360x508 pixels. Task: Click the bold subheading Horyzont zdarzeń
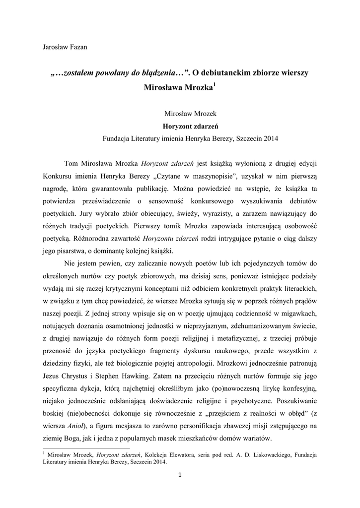tap(180, 126)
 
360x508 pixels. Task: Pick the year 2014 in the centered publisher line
tap(270, 138)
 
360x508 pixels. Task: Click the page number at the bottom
tap(180, 477)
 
